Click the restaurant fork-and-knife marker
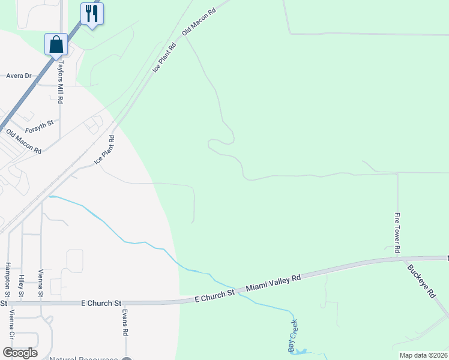click(92, 13)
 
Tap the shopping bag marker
click(56, 44)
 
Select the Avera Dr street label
click(19, 76)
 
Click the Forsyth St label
click(40, 127)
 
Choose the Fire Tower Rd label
click(397, 232)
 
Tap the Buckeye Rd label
click(421, 281)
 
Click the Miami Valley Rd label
click(273, 284)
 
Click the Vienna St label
click(41, 283)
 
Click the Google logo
click(20, 353)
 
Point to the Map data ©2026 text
click(424, 355)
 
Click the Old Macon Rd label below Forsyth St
click(23, 141)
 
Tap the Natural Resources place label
click(83, 358)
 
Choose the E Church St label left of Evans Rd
click(101, 304)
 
